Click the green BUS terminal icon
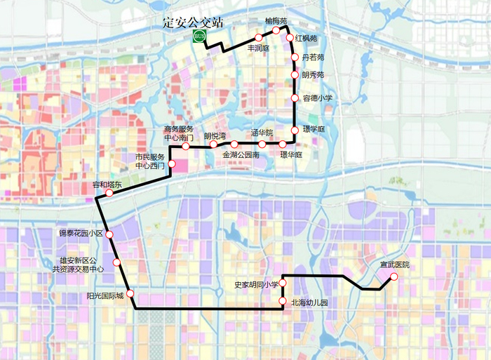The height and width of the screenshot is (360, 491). click(200, 36)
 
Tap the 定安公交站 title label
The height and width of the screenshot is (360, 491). click(190, 21)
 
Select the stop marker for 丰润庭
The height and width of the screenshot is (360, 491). click(258, 37)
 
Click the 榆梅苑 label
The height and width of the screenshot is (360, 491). click(276, 22)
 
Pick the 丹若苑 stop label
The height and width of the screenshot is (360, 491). click(313, 57)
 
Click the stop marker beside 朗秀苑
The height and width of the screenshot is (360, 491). click(295, 74)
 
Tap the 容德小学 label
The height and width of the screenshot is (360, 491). click(317, 98)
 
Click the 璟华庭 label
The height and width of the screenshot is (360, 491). click(290, 154)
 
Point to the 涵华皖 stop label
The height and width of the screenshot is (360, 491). click(262, 133)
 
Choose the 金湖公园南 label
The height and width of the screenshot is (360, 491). click(241, 154)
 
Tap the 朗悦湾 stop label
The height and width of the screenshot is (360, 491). click(215, 135)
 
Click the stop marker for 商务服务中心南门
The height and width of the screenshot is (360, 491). click(186, 147)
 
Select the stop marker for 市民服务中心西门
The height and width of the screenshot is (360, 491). click(172, 164)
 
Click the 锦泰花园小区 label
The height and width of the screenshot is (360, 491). click(81, 232)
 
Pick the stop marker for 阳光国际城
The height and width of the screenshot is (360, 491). click(130, 295)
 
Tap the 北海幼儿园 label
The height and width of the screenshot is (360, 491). click(309, 302)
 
